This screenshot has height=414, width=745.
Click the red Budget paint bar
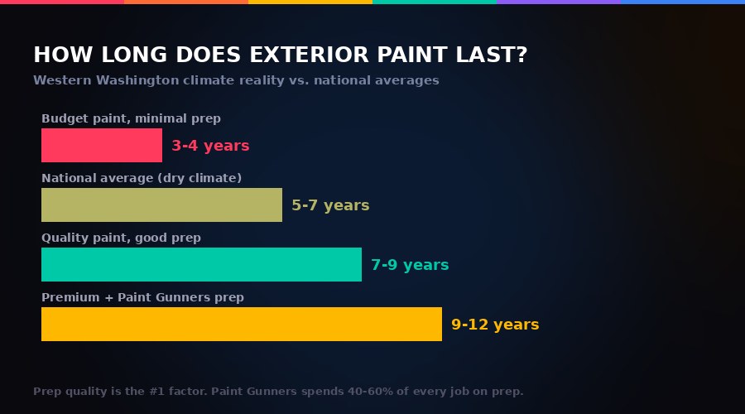(x=102, y=146)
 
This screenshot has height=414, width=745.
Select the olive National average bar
(x=161, y=205)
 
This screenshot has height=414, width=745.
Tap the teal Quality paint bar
(x=201, y=265)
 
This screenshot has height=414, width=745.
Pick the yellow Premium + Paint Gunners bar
(x=242, y=325)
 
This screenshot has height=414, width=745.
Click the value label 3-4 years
(x=210, y=146)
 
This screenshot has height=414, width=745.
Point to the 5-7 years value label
(x=330, y=205)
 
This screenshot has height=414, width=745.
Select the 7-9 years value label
(x=410, y=265)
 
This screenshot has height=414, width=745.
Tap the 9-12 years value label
(x=495, y=325)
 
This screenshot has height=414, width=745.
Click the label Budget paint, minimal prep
(x=131, y=118)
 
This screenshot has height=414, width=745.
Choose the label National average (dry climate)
(x=142, y=178)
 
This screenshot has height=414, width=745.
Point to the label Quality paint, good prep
(x=121, y=238)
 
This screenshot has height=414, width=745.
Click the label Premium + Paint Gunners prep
(x=142, y=297)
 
